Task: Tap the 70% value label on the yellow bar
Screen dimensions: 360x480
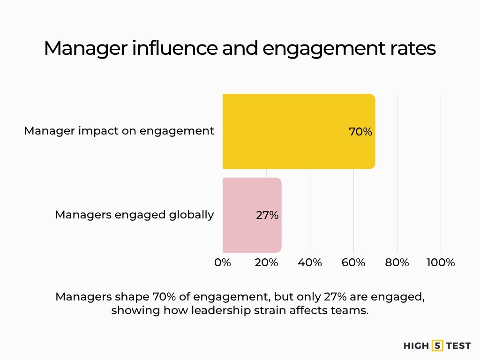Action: point(360,132)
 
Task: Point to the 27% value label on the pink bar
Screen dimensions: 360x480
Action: point(267,215)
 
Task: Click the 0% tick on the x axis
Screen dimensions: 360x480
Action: point(223,262)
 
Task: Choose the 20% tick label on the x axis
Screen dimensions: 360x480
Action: point(266,262)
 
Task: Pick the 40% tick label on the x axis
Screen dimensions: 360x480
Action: point(310,262)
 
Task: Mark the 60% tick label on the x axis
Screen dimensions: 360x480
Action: point(353,262)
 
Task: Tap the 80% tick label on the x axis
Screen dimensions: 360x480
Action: point(397,262)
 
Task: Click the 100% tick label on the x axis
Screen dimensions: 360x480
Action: point(440,262)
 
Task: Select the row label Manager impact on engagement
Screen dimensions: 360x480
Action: point(119,131)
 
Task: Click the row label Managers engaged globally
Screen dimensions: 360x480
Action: point(135,215)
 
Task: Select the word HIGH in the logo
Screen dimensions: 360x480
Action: point(416,346)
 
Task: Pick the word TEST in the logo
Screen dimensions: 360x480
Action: point(458,346)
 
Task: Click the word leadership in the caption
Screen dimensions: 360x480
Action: point(217,311)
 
